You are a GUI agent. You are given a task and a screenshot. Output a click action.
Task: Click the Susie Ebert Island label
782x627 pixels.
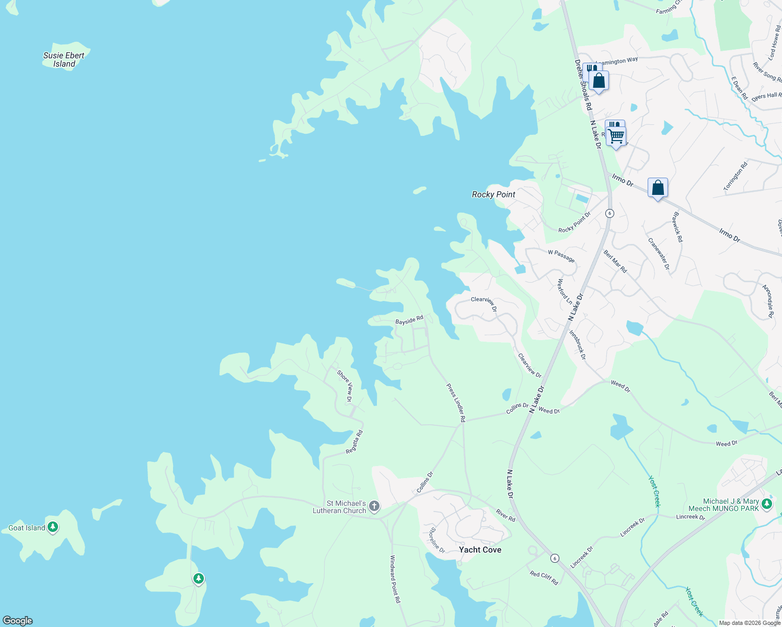64,60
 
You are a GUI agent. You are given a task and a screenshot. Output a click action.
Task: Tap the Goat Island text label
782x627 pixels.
27,528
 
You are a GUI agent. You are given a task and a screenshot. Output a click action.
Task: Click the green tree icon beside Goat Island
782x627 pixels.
53,527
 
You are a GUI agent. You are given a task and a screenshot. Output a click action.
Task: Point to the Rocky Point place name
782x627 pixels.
493,194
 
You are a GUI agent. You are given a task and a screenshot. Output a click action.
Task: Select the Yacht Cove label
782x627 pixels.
480,550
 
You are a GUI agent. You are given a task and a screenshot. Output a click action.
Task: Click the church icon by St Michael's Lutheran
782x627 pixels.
374,506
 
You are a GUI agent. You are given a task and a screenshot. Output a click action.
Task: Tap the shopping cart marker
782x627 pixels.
616,136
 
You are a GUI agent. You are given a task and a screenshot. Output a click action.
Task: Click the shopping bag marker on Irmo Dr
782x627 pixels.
658,188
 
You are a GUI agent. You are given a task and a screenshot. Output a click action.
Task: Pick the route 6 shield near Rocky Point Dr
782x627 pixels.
609,213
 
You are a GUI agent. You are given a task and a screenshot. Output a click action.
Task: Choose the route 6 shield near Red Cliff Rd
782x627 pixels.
555,558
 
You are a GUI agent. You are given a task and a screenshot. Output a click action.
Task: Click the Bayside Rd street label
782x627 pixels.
409,320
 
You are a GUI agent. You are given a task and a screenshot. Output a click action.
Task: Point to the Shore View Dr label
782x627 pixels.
345,386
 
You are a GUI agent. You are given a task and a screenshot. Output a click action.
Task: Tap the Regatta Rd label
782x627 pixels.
354,442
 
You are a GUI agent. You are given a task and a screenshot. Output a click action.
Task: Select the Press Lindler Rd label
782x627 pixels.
456,402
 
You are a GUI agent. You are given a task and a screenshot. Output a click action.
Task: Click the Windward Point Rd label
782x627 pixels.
395,579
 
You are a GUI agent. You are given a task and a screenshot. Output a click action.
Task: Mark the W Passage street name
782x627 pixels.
561,256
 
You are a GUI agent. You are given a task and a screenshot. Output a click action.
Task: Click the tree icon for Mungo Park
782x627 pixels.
767,504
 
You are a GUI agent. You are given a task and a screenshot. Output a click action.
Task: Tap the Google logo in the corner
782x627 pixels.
18,621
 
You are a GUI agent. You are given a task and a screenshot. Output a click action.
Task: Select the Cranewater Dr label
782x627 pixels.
659,253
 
